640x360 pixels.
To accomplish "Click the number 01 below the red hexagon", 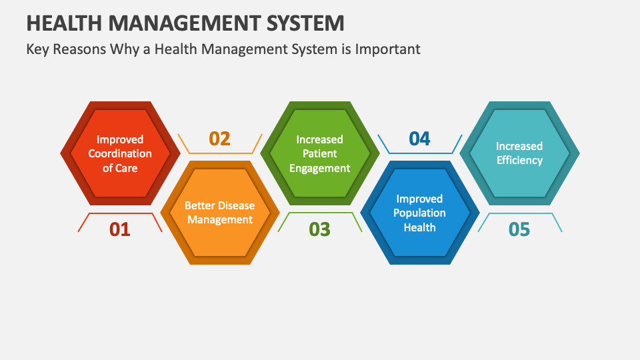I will point(119,229).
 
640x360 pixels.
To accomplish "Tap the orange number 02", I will point(219,139).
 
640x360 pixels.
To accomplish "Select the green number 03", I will point(319,229).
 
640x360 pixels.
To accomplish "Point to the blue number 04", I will point(419,139).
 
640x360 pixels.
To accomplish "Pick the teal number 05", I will point(519,229).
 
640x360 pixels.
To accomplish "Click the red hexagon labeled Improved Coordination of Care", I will point(119,153).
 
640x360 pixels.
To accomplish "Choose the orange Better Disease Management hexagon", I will point(219,213).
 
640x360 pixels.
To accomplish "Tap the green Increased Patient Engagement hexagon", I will point(319,153).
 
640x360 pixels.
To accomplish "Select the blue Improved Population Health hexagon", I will point(419,213).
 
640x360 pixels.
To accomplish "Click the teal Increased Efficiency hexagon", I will point(519,153).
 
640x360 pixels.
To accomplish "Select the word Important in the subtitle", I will point(389,49).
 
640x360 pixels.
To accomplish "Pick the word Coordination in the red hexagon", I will point(120,153).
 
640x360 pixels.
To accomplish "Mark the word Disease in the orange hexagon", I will point(236,205).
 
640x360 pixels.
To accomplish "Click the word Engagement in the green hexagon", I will point(319,168).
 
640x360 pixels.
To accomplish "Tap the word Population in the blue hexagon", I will point(419,213).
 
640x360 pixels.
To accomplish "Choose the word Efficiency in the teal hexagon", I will point(519,160).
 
